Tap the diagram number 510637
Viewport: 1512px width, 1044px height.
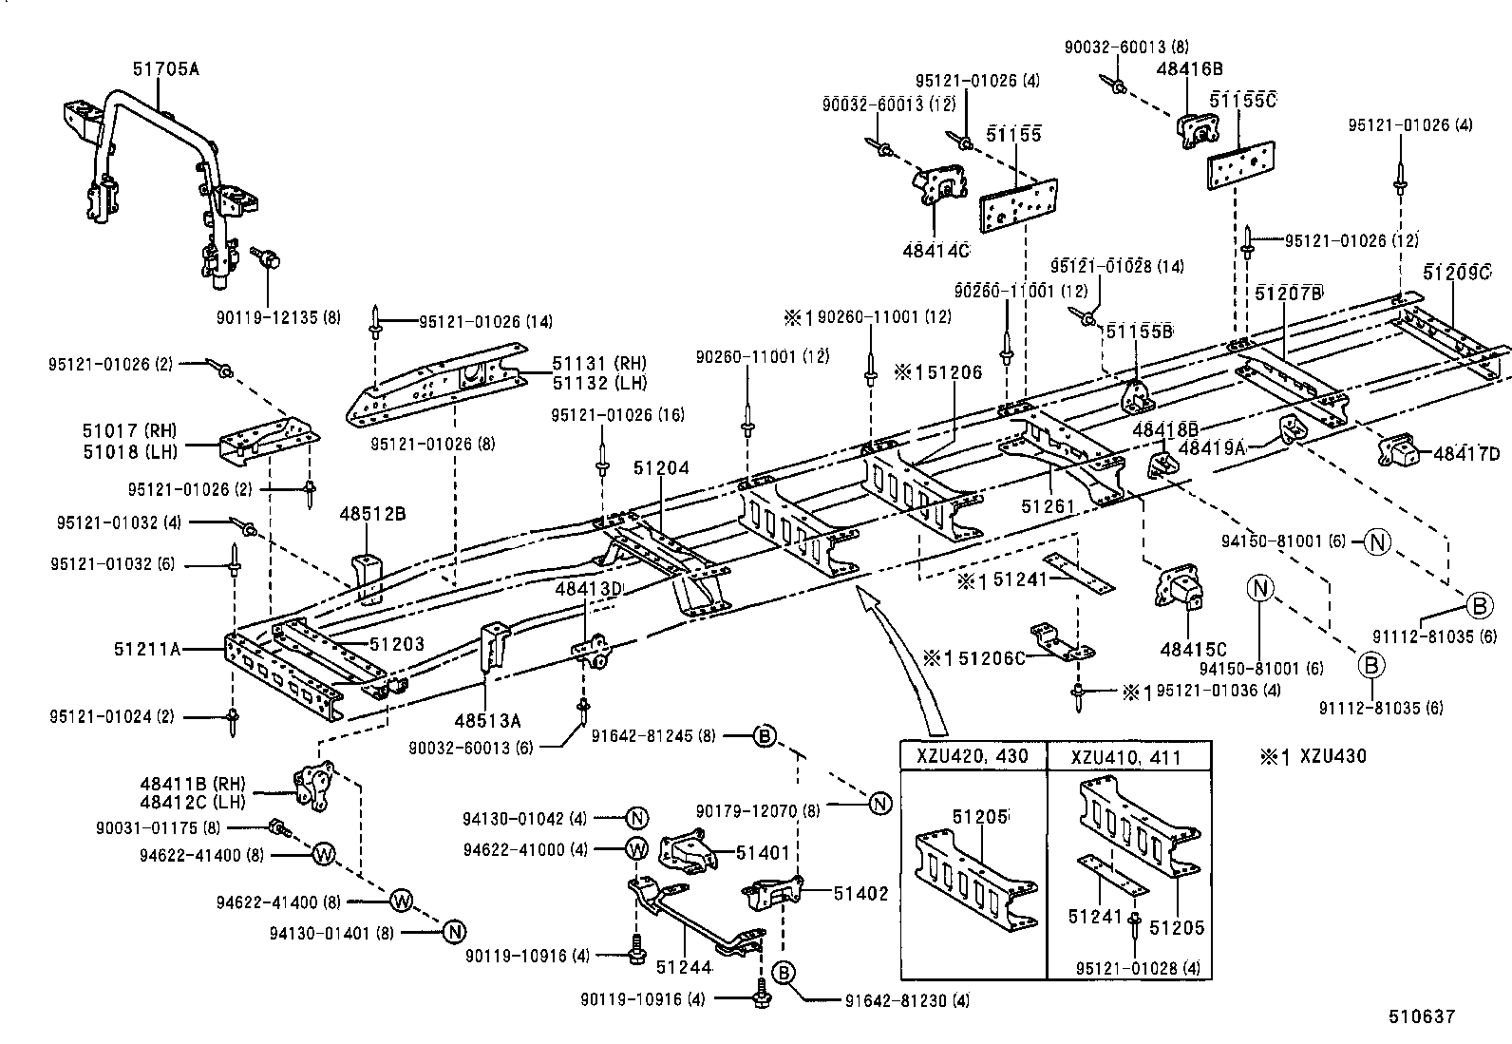(x=1421, y=1016)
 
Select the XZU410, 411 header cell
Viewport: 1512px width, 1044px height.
(x=1126, y=758)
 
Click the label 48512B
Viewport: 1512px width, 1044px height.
(x=372, y=514)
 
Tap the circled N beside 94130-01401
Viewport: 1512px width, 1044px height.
(x=454, y=932)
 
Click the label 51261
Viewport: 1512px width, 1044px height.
(x=1048, y=506)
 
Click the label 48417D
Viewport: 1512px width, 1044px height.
(x=1466, y=455)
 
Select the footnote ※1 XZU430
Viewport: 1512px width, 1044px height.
(x=1313, y=757)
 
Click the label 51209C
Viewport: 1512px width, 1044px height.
(x=1457, y=274)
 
